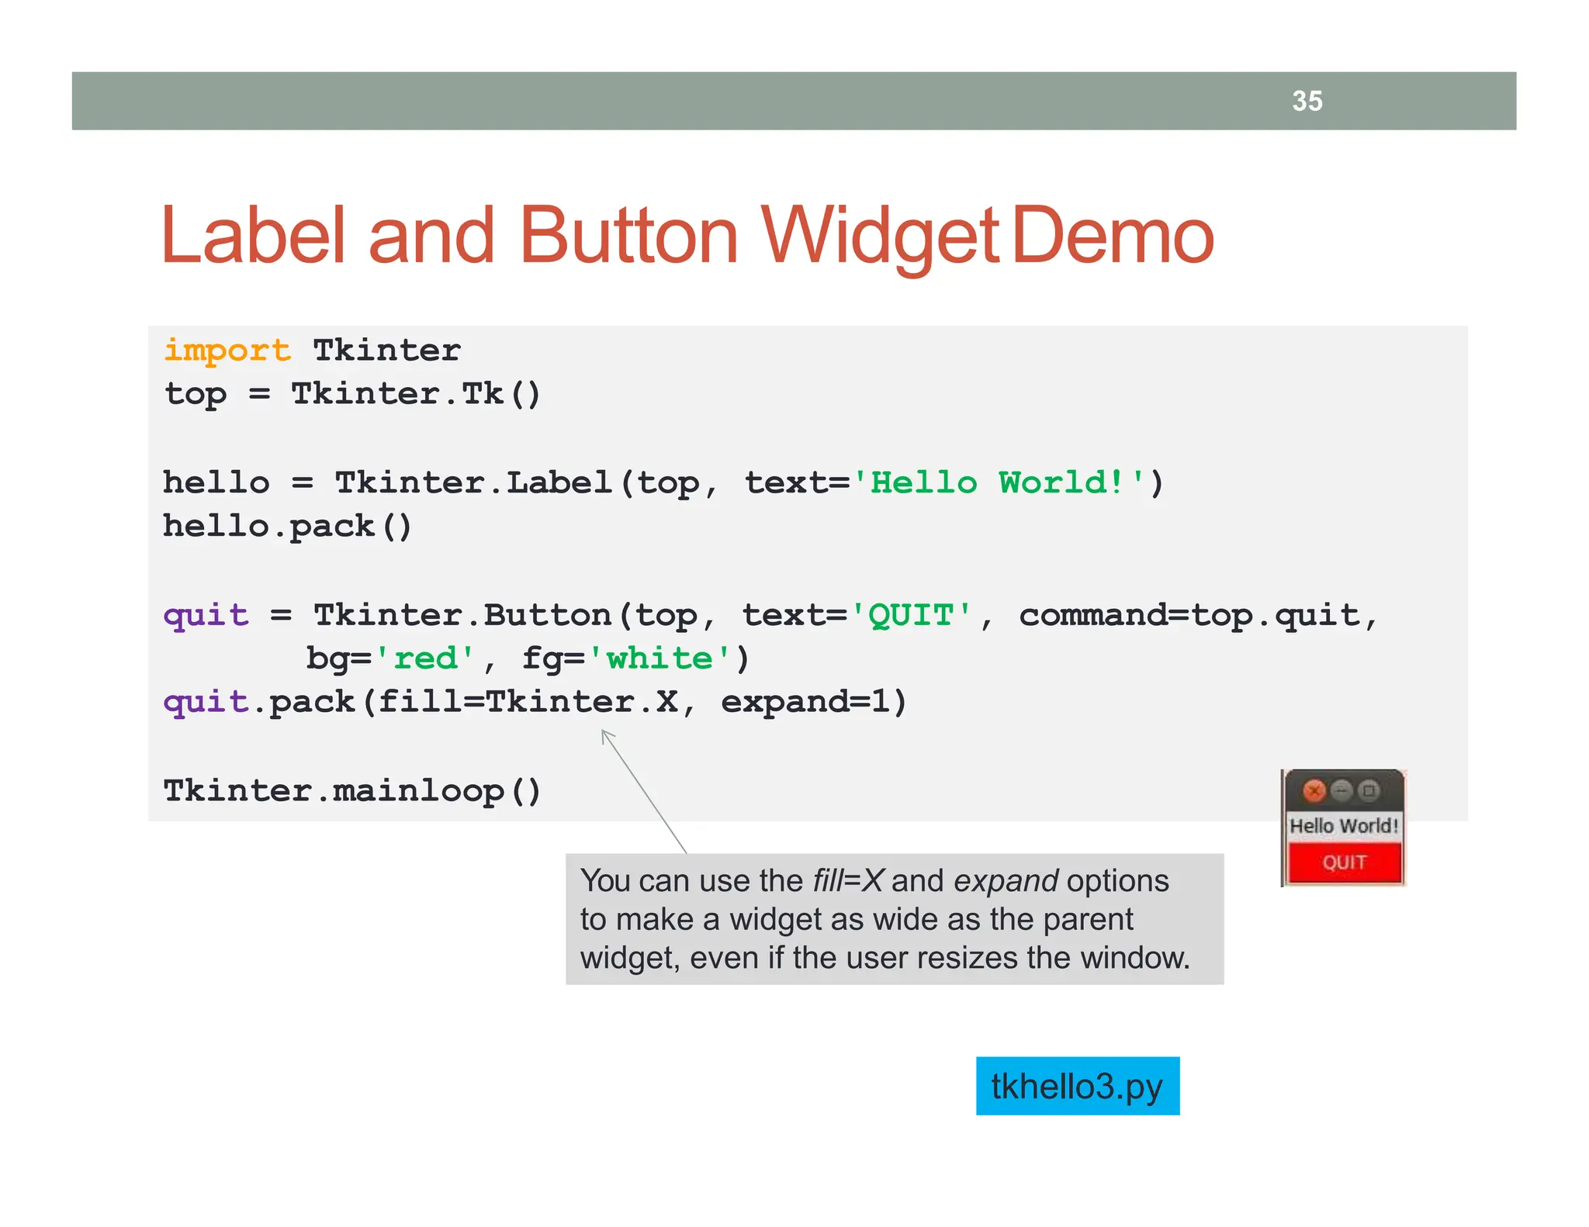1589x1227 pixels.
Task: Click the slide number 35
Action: [x=1307, y=101]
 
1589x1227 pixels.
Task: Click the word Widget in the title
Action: [x=879, y=236]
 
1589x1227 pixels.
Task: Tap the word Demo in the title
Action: [x=1113, y=236]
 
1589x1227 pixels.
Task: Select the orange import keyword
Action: [x=227, y=351]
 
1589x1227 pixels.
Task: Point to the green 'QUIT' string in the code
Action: [x=911, y=616]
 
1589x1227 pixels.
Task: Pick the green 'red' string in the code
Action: [x=425, y=658]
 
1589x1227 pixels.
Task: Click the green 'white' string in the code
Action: [x=659, y=658]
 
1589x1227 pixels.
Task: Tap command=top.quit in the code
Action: [x=1189, y=616]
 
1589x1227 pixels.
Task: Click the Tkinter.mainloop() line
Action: [x=351, y=791]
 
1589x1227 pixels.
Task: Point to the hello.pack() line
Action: [x=287, y=527]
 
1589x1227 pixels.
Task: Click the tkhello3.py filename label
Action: [x=1077, y=1086]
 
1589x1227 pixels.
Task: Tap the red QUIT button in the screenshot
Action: [x=1344, y=862]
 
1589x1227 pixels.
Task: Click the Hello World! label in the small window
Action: [x=1344, y=826]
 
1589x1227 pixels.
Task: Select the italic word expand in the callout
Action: [x=1006, y=881]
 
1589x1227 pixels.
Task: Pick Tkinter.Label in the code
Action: [x=473, y=483]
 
